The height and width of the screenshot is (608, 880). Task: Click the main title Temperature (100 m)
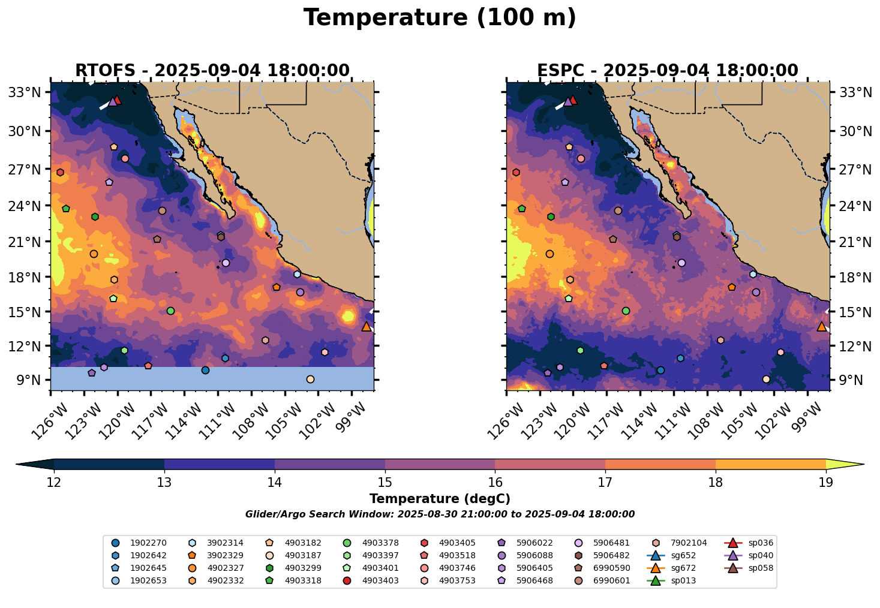coord(440,18)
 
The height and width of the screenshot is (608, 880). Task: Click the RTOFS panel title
coord(212,71)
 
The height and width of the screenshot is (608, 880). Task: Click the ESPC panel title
coord(668,71)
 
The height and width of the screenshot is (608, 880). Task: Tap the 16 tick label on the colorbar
coord(495,483)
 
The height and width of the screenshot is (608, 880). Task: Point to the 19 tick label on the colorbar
coord(826,483)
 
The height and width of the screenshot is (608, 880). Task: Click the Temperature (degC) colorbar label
coord(440,499)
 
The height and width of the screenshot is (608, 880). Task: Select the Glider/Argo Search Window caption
coord(440,514)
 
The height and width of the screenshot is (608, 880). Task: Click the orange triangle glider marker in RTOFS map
coord(367,327)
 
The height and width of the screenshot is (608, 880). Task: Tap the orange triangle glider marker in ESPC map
coord(822,327)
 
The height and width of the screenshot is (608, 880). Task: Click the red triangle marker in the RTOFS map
coord(118,100)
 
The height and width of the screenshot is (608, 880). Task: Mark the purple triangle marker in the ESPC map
coord(567,102)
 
